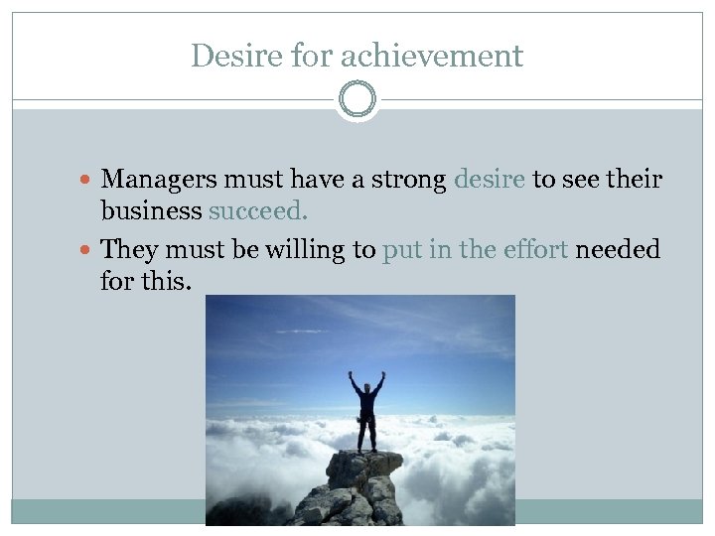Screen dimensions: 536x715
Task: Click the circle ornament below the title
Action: coord(357,100)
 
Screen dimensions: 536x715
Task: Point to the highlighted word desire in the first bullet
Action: coord(490,180)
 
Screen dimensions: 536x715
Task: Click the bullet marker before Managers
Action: coord(90,181)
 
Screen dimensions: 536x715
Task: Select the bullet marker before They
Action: coord(90,249)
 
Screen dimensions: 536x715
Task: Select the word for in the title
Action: coord(312,56)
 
